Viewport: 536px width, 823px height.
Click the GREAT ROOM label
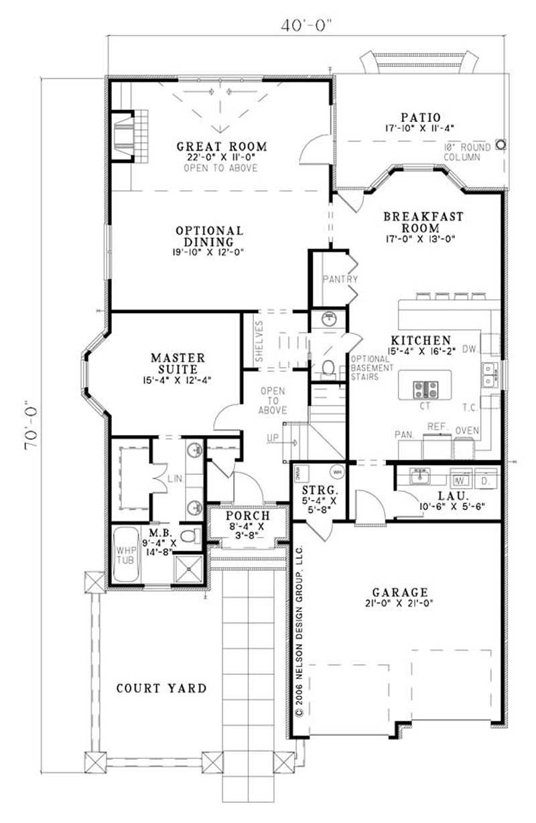[221, 146]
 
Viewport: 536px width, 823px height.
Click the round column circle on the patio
[500, 143]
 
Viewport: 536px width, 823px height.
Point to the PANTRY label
[340, 279]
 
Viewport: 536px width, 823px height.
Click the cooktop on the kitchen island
[425, 387]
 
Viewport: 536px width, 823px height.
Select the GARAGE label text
[401, 592]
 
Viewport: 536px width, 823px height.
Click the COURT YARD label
[161, 688]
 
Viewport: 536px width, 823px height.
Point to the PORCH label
[248, 516]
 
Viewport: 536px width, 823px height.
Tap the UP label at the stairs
[273, 438]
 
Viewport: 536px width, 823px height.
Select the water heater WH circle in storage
[337, 472]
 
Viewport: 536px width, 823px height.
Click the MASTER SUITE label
[178, 363]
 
